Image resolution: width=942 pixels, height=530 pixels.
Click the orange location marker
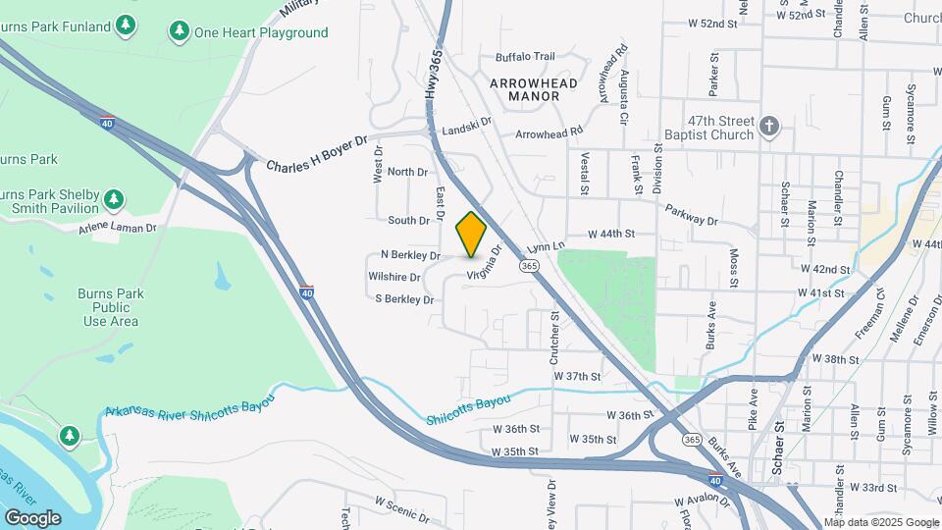471,234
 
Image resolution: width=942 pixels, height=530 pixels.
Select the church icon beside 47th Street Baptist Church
769,126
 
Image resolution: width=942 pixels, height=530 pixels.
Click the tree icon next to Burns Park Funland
125,24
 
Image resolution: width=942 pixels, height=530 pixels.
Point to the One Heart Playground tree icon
179,32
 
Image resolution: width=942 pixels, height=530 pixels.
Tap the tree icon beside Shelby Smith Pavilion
115,200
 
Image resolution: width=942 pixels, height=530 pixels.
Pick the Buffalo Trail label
525,57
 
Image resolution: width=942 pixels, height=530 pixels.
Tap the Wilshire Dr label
394,278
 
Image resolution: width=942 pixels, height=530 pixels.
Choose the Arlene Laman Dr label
118,228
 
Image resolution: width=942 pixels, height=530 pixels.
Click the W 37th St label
576,376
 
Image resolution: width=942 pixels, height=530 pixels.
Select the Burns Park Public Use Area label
110,307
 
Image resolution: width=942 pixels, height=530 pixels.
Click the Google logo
32,517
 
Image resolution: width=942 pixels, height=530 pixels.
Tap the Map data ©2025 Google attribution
881,522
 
